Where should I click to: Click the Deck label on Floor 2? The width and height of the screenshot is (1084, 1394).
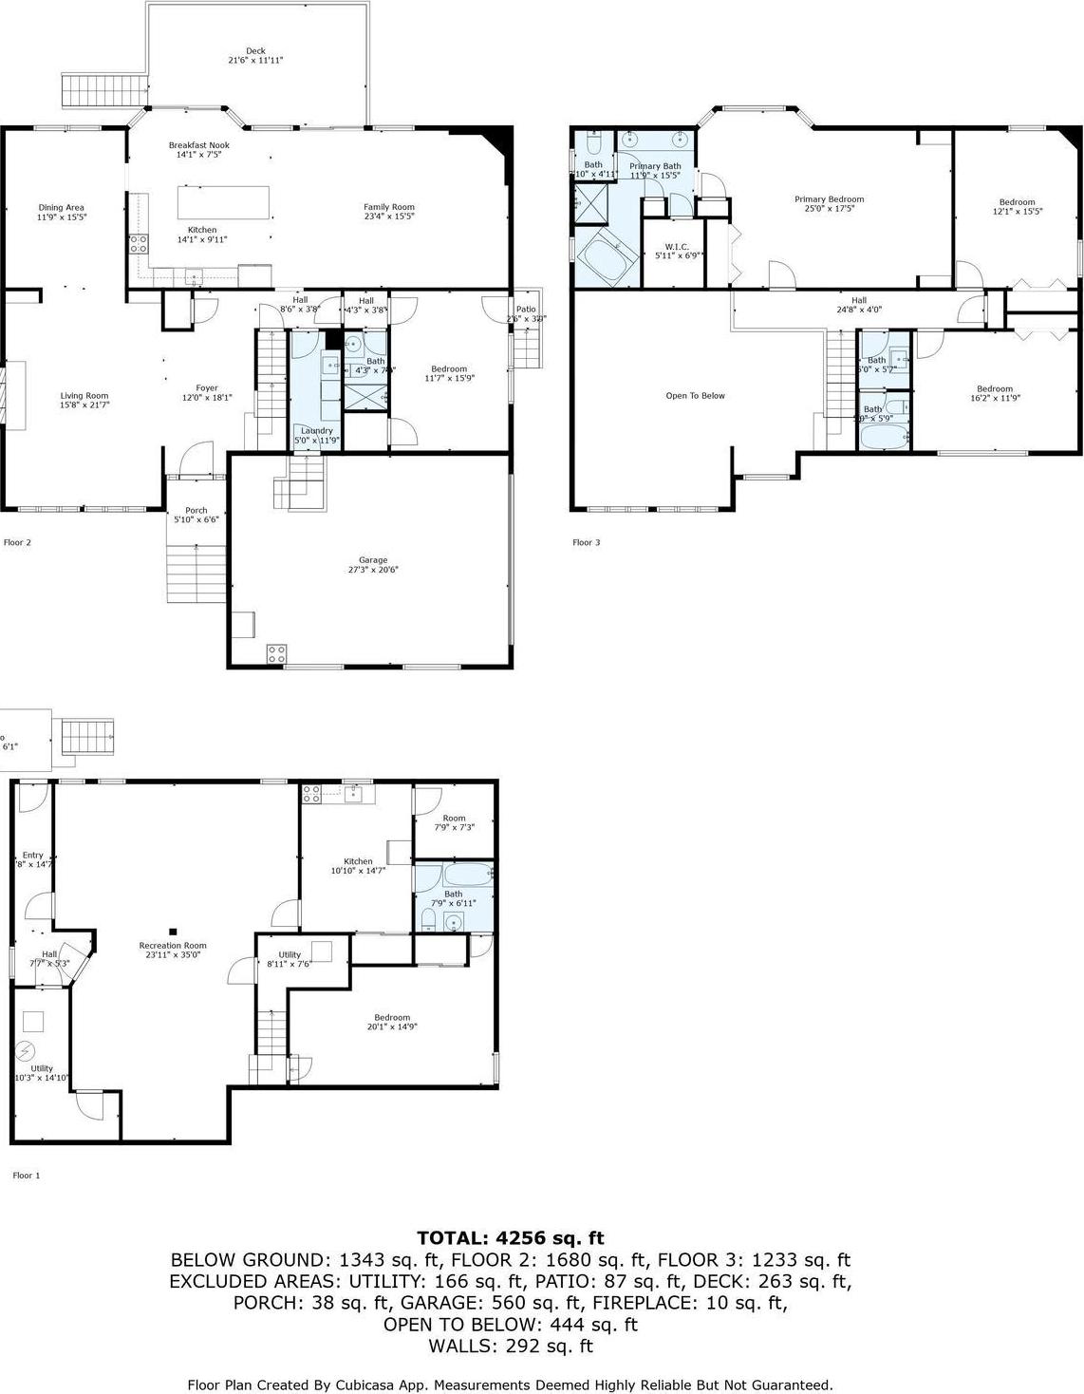tap(255, 51)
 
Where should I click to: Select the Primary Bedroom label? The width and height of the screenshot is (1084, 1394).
tap(829, 199)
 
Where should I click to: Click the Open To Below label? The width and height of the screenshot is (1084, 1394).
tap(695, 396)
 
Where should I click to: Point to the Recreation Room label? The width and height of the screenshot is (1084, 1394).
tap(173, 946)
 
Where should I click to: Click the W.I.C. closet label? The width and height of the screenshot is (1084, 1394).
tap(677, 247)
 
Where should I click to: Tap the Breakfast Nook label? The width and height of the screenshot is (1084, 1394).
tap(198, 145)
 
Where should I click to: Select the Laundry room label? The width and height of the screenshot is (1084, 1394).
tap(315, 430)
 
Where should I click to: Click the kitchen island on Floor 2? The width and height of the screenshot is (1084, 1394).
tap(223, 202)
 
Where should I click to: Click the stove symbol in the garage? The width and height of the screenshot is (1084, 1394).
tap(277, 653)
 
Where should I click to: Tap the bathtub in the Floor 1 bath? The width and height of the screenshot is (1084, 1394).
tap(454, 873)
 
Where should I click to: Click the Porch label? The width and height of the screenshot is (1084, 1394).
tap(196, 511)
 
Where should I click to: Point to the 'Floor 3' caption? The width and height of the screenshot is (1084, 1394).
tap(586, 543)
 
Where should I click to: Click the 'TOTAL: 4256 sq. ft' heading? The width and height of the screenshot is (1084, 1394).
tap(511, 1238)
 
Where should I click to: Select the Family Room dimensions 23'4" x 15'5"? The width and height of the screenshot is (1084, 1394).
tap(389, 217)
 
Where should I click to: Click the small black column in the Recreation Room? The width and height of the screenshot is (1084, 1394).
tap(173, 932)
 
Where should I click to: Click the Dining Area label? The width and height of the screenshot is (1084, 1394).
tap(62, 207)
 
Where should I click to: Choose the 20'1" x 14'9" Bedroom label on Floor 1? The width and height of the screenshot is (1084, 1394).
tap(392, 1017)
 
